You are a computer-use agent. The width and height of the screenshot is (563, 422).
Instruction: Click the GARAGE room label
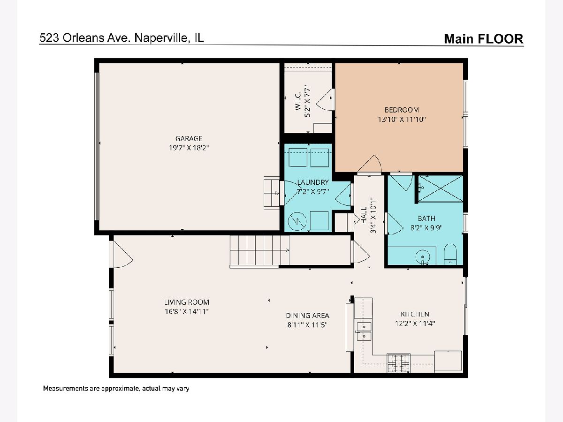[189, 139]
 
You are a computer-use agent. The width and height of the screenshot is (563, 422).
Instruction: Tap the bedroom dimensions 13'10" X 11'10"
[402, 120]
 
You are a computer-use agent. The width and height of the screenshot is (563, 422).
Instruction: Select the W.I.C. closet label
[298, 101]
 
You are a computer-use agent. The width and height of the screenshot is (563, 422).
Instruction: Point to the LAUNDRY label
[313, 182]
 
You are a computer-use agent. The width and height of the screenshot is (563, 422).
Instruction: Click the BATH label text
[426, 219]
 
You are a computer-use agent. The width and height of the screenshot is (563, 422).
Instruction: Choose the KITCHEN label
[415, 314]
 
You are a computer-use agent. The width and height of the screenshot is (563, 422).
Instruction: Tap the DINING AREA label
[307, 316]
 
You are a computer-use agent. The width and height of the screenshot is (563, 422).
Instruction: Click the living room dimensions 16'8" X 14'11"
[186, 311]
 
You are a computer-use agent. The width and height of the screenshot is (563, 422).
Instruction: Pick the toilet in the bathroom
[450, 254]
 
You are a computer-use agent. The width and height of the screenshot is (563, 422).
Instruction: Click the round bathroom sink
[422, 256]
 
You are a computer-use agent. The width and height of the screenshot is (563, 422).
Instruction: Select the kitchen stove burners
[398, 363]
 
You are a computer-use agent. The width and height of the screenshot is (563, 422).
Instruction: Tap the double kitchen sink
[364, 332]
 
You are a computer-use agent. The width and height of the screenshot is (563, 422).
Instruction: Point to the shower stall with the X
[441, 189]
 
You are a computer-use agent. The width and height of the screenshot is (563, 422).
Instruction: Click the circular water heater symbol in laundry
[297, 221]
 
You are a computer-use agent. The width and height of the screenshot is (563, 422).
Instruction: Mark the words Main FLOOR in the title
[484, 39]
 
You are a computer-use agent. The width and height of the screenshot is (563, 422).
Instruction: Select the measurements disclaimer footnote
[116, 388]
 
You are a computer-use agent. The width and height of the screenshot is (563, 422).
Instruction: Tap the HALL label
[364, 215]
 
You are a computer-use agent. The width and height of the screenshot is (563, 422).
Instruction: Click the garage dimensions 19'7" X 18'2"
[189, 148]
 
